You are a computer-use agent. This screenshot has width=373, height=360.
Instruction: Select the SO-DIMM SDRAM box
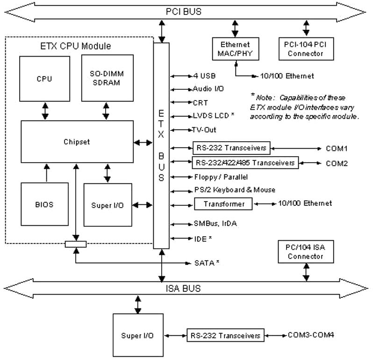(x=104, y=78)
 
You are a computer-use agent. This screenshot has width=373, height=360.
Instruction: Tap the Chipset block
(x=74, y=141)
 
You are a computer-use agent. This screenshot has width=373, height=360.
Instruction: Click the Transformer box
(x=223, y=204)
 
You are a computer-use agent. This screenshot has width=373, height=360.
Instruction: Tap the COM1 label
(x=336, y=149)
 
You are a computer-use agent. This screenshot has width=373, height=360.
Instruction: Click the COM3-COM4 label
(x=310, y=335)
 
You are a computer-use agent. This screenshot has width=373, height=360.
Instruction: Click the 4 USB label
(x=204, y=75)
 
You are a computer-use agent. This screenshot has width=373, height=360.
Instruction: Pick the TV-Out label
(x=205, y=130)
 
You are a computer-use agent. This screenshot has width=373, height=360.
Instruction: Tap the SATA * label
(x=206, y=263)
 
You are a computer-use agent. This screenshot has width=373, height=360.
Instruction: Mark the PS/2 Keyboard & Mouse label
(x=234, y=190)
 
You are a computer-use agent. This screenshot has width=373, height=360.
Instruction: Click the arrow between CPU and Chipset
(x=45, y=111)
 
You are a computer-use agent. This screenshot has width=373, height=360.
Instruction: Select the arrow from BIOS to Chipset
(x=45, y=173)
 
